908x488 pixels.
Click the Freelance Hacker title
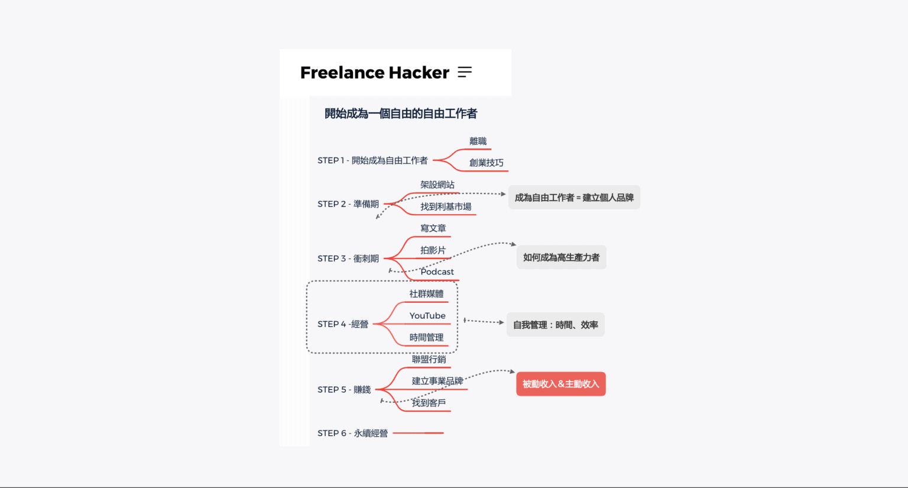coord(374,73)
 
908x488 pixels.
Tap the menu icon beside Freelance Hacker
coord(465,72)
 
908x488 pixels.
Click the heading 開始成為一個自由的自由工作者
coord(401,114)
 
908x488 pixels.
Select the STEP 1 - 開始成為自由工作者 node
coord(372,160)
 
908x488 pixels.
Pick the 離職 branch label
coord(478,141)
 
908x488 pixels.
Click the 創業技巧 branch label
coord(486,163)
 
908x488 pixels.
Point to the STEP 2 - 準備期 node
coord(348,204)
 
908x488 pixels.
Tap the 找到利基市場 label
coord(446,206)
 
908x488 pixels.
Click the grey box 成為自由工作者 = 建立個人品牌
coord(574,198)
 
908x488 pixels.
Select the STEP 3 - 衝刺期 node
coord(348,258)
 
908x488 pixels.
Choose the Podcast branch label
coord(437,272)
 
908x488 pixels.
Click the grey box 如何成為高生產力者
coord(561,257)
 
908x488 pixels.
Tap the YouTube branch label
coord(427,316)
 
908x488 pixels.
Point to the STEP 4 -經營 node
coord(343,324)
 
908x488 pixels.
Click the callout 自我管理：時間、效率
coord(555,325)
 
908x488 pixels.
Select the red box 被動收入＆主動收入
coord(560,384)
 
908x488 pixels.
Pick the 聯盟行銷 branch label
coord(429,360)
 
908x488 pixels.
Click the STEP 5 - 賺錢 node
coord(344,390)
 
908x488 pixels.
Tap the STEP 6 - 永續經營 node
coord(352,434)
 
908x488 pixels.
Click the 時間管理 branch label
coord(426,338)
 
